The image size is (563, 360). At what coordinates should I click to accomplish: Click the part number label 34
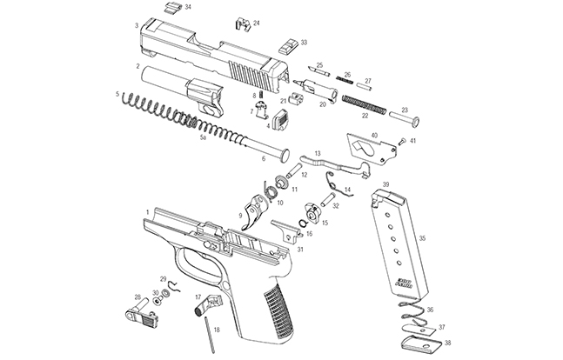click(188, 7)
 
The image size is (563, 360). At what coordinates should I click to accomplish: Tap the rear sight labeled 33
click(285, 43)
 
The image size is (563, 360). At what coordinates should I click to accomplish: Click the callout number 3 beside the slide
click(137, 25)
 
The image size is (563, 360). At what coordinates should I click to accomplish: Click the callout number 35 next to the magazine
click(423, 237)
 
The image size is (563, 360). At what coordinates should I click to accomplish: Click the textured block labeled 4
click(281, 119)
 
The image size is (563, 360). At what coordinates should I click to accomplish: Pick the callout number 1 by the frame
click(148, 211)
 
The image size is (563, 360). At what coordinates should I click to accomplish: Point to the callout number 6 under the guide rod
click(264, 158)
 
